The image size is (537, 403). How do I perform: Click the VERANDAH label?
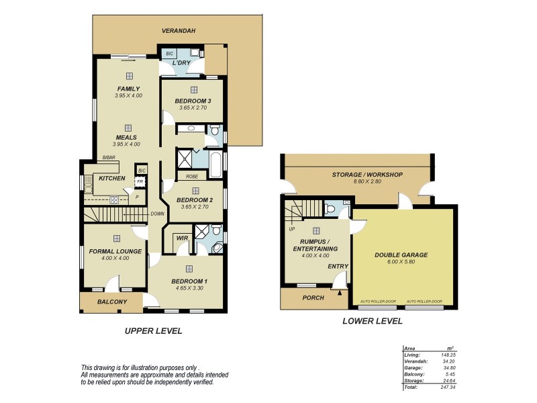tap(178, 31)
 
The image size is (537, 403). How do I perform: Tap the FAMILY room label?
tap(128, 89)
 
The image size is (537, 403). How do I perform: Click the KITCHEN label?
tap(112, 178)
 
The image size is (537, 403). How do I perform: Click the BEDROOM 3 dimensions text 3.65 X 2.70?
tap(193, 108)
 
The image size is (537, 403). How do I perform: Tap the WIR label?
tap(181, 238)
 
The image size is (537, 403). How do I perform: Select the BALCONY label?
tap(112, 302)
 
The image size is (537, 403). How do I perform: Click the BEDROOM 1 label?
tap(189, 281)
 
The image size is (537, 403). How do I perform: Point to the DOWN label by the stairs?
tap(158, 214)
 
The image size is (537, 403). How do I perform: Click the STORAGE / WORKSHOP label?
tap(367, 175)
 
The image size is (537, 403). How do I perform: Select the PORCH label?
tap(313, 298)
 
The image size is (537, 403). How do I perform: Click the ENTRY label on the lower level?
tap(338, 267)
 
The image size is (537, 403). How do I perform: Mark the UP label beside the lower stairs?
tap(291, 229)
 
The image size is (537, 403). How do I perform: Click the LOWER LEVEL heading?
tap(372, 321)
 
